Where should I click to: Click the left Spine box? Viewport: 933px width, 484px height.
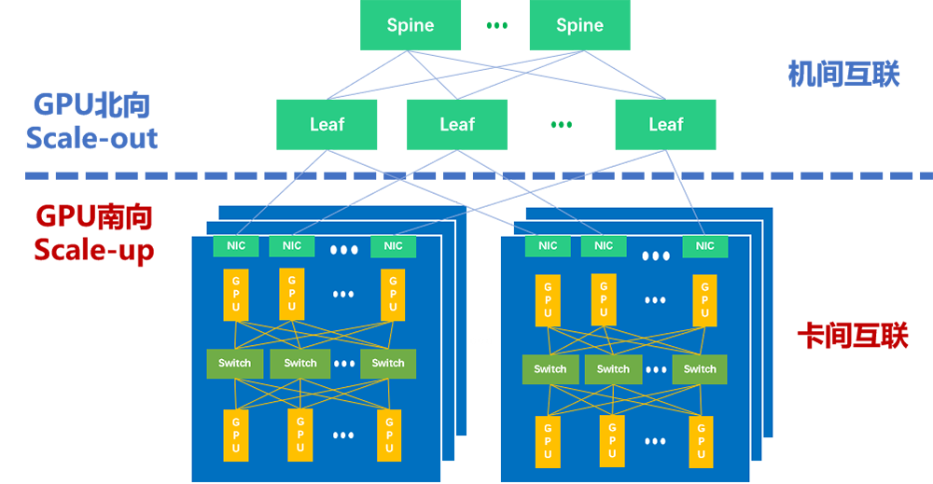point(411,25)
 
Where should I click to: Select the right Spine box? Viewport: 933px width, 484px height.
point(579,25)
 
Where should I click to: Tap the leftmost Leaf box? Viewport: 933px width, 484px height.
point(327,124)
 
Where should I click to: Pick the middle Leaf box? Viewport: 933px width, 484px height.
point(457,124)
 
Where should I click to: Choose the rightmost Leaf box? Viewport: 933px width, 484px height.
point(665,124)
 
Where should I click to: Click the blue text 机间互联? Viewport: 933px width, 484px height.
point(843,73)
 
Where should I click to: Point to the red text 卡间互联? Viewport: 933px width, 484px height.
point(852,336)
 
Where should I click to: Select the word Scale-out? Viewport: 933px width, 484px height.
point(91,139)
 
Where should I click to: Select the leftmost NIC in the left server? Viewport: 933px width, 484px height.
point(236,246)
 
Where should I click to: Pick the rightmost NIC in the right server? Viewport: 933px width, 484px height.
point(704,246)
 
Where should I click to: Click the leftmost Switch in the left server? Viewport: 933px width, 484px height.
point(234,364)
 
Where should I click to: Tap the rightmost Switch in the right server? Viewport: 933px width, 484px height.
point(699,369)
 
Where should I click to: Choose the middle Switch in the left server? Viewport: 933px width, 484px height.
point(299,364)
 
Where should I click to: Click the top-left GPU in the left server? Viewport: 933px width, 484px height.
point(236,294)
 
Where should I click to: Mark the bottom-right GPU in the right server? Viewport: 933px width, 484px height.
point(701,441)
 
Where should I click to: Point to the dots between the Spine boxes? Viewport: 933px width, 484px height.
point(496,25)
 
